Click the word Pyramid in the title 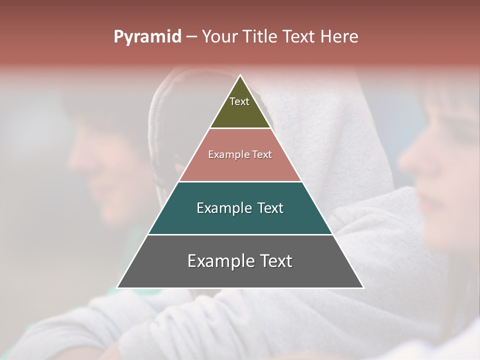tap(147, 37)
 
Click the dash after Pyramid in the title tap(191, 37)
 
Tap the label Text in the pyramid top tap(239, 101)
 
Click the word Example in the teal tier tap(224, 208)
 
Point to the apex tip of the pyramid tap(240, 76)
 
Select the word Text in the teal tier tap(267, 208)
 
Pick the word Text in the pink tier tap(262, 154)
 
